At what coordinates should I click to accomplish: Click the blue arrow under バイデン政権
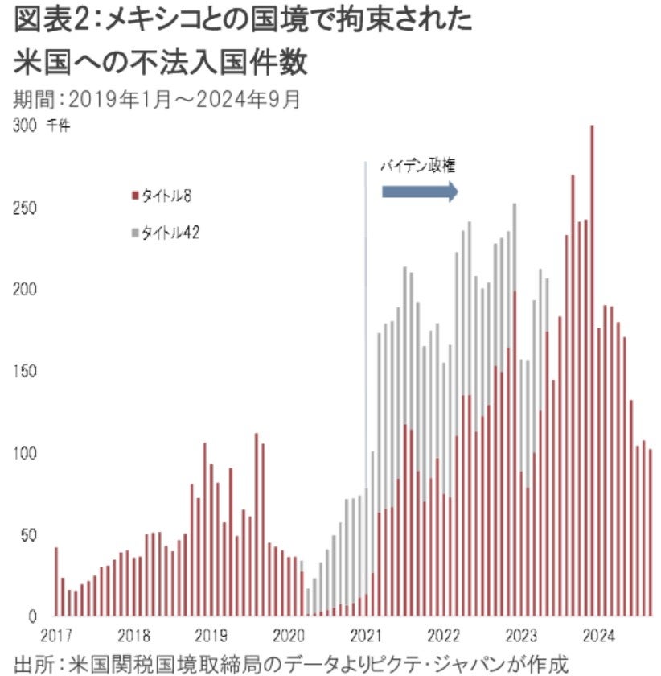click(x=419, y=192)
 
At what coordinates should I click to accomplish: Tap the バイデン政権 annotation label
click(x=419, y=167)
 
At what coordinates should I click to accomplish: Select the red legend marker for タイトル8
click(x=134, y=195)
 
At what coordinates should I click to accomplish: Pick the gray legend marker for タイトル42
click(x=134, y=233)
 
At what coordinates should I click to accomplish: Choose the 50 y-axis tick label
click(x=26, y=535)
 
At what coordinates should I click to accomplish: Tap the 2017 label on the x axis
click(x=56, y=633)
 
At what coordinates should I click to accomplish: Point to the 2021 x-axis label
click(x=366, y=633)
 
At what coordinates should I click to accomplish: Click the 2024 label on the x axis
click(x=598, y=633)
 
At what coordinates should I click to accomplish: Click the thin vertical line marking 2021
click(x=366, y=322)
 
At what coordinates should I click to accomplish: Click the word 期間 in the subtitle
click(x=31, y=100)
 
